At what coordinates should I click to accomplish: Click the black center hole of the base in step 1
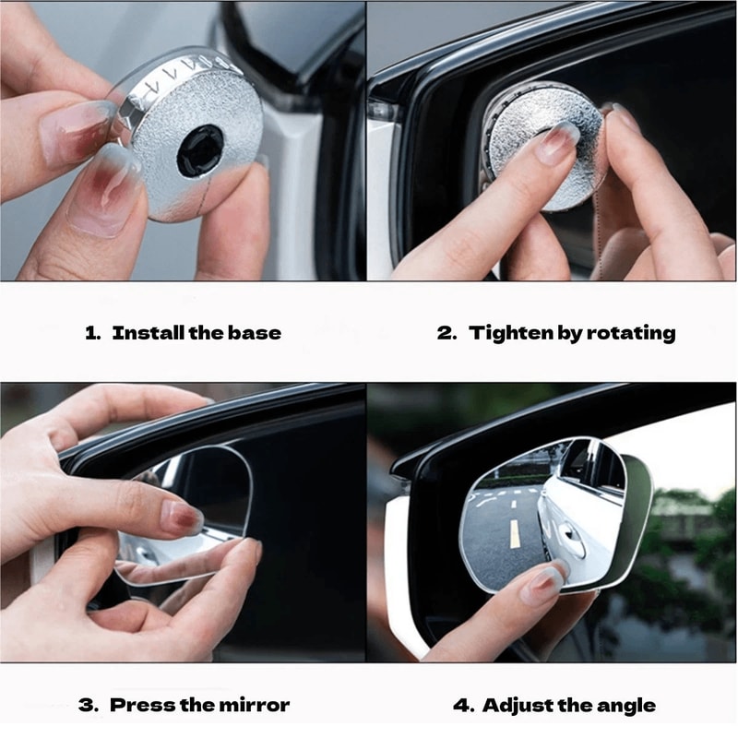click(200, 150)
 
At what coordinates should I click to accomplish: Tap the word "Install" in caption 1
click(147, 333)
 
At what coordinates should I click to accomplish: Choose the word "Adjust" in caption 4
click(514, 706)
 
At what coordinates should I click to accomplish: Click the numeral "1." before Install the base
click(92, 333)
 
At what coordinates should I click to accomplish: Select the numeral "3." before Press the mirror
click(89, 706)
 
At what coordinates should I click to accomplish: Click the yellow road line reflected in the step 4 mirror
click(514, 533)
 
